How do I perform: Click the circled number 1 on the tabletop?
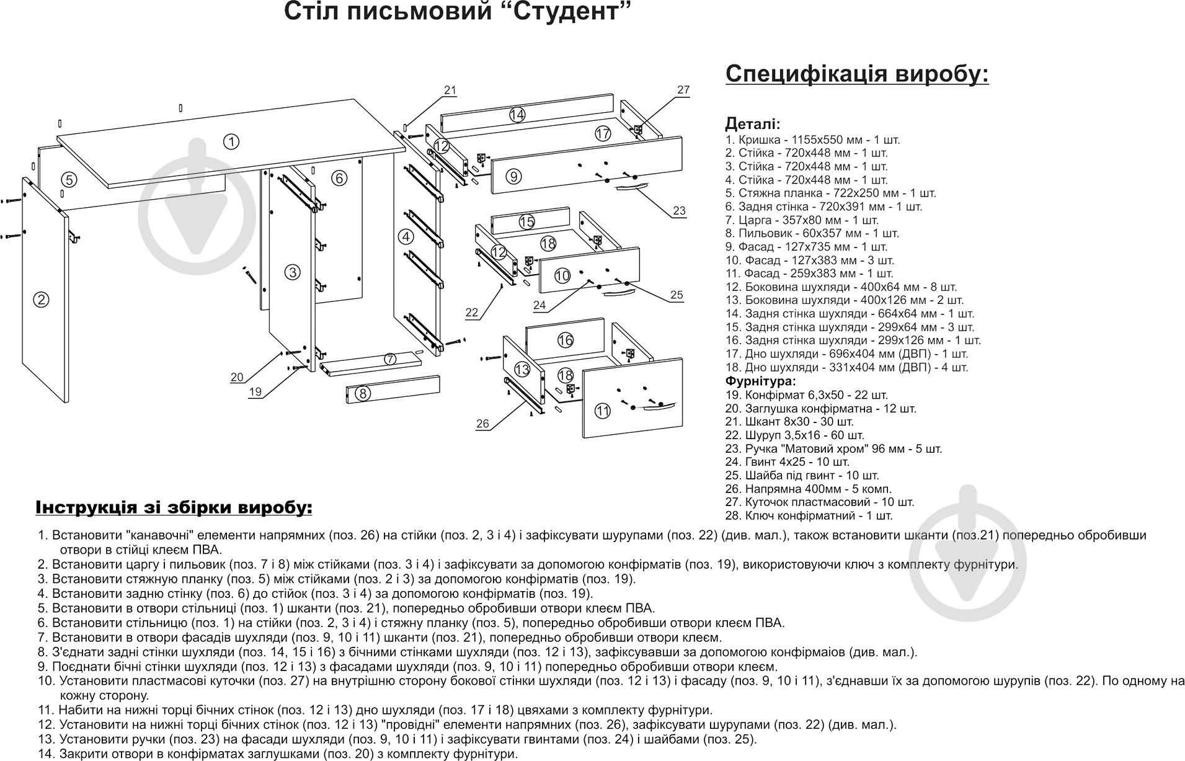tap(231, 142)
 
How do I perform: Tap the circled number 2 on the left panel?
tap(41, 300)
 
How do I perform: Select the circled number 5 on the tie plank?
tap(69, 180)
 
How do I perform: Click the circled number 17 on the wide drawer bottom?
tap(603, 133)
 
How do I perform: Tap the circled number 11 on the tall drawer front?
tap(603, 411)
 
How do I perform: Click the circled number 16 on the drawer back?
tap(565, 340)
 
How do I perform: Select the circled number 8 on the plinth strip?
tap(364, 393)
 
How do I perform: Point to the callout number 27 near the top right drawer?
tap(683, 90)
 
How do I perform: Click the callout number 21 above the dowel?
tap(450, 91)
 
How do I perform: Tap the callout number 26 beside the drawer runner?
tap(482, 424)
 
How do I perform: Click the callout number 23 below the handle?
tap(680, 211)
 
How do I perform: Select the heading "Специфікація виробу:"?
tap(857, 74)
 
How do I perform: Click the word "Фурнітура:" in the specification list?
tap(760, 381)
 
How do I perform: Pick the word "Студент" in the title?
tap(564, 12)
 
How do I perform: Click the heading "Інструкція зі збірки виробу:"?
tap(174, 507)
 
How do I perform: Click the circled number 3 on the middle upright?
tap(293, 272)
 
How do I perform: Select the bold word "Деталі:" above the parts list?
tap(753, 124)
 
